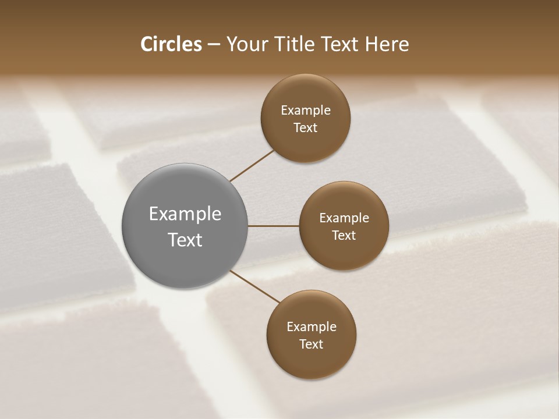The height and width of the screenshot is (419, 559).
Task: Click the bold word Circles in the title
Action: [x=171, y=44]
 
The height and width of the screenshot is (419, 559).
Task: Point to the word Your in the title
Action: [x=247, y=44]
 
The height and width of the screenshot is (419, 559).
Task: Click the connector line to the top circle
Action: [x=252, y=166]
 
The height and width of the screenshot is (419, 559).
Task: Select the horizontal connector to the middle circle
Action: [x=274, y=226]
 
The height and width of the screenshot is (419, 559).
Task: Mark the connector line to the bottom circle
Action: [x=255, y=286]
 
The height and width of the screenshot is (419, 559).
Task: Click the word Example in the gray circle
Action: [x=185, y=214]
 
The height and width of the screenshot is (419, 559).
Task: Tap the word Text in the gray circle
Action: [x=185, y=240]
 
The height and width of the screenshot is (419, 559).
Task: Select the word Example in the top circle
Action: [x=306, y=111]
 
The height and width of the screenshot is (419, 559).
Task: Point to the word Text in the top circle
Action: [x=306, y=128]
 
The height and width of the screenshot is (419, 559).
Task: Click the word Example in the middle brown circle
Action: [x=344, y=218]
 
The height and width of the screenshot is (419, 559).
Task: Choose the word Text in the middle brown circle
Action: [x=344, y=235]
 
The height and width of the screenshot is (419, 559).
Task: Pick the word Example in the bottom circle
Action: [x=312, y=327]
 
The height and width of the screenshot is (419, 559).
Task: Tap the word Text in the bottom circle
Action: [x=312, y=344]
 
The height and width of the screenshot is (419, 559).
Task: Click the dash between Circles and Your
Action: [x=214, y=45]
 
